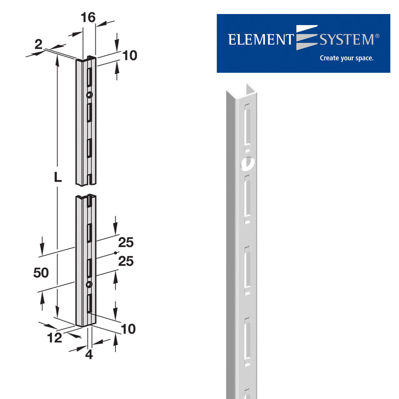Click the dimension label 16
[x=88, y=17]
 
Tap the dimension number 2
[x=38, y=44]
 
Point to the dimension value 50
[x=41, y=273]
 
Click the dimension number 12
[x=54, y=338]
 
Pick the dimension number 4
[x=89, y=354]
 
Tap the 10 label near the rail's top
[x=130, y=56]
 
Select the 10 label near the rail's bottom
[x=128, y=329]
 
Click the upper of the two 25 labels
[x=126, y=243]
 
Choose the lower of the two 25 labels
[x=126, y=261]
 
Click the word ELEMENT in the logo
[x=260, y=40]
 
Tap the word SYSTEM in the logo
[x=346, y=40]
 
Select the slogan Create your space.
[x=346, y=58]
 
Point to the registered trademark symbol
[x=377, y=36]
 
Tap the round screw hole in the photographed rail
[x=247, y=164]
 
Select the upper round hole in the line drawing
[x=89, y=95]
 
